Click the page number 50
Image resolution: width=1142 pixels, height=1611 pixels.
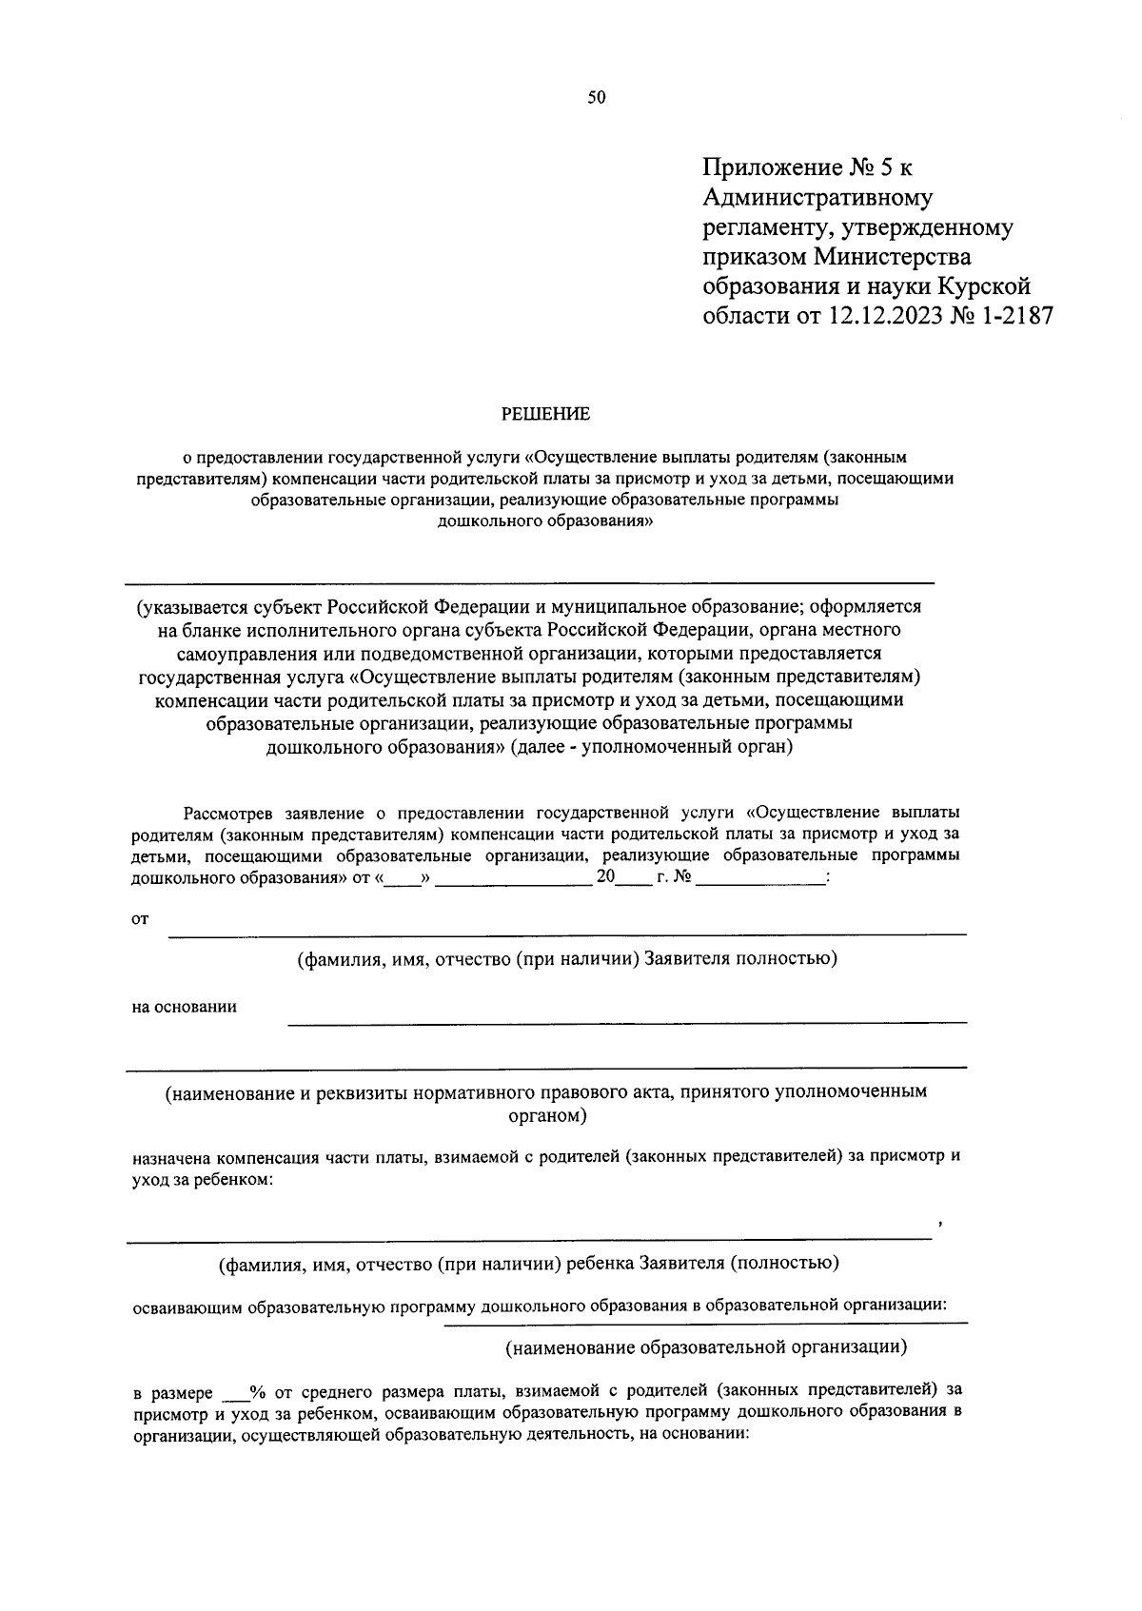tap(597, 97)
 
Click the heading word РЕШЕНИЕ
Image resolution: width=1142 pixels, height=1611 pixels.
tap(546, 414)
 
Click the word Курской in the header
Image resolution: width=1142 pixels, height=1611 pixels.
tap(984, 286)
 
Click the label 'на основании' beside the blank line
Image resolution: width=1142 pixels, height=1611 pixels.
tap(185, 1007)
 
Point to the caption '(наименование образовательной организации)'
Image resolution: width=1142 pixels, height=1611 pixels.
tap(705, 1347)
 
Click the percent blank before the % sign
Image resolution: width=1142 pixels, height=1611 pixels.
tap(233, 1393)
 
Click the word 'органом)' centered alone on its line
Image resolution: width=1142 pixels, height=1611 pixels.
tap(546, 1114)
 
